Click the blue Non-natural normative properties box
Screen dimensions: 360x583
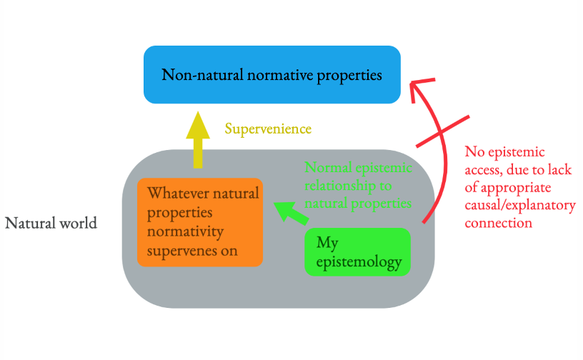[271, 74]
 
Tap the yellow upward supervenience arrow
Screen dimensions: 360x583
[197, 141]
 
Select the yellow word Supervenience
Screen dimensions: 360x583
[268, 129]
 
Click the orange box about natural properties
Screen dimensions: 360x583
[199, 222]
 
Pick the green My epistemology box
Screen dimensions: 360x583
[357, 252]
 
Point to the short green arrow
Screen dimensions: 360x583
[289, 212]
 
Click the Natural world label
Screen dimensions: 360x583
[51, 223]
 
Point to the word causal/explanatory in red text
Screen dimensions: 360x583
[520, 206]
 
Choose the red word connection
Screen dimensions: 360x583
[498, 223]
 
